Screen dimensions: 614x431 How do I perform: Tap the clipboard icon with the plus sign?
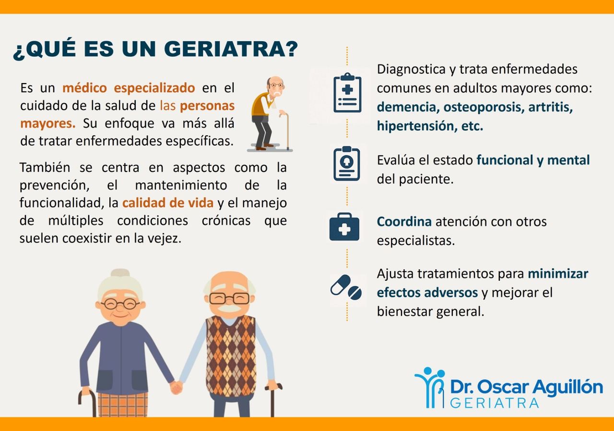(347, 93)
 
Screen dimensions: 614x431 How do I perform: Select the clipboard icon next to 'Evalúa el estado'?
(347, 164)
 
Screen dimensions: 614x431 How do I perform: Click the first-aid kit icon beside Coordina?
(344, 227)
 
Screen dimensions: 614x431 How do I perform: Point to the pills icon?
(346, 287)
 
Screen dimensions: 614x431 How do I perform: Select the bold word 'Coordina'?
(404, 222)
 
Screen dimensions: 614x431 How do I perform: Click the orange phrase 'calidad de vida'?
(168, 203)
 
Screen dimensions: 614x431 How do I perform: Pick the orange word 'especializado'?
(154, 88)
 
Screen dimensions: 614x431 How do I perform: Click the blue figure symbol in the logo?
(429, 387)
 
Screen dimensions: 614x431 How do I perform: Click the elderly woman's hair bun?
(120, 273)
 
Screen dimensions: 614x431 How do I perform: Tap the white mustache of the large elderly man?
(230, 308)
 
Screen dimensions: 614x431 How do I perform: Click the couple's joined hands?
(177, 387)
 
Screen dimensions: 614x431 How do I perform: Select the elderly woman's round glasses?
(120, 303)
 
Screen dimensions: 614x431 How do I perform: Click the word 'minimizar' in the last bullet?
(558, 274)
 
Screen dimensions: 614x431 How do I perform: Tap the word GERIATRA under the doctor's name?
(495, 403)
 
